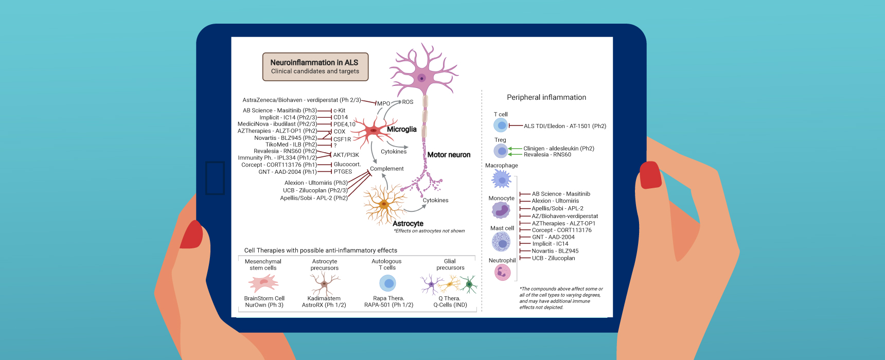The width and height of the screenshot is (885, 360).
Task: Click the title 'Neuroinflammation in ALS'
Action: (314, 63)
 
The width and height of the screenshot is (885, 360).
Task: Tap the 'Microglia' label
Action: (401, 130)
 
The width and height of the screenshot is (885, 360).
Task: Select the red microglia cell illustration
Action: (373, 131)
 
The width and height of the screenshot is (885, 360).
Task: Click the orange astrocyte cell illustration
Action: (384, 205)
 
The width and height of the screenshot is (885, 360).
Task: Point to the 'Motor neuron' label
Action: (449, 155)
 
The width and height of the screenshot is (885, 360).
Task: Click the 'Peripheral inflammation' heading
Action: (546, 97)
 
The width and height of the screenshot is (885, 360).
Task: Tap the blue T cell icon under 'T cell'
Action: (501, 125)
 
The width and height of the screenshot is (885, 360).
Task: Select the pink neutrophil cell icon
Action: (502, 273)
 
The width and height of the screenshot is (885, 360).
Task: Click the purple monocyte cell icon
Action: (501, 210)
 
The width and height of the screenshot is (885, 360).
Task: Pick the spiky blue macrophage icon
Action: (501, 179)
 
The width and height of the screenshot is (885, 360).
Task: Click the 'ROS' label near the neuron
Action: (408, 102)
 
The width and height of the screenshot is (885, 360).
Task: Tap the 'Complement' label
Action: (387, 169)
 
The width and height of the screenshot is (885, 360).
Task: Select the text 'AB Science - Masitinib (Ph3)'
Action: (280, 111)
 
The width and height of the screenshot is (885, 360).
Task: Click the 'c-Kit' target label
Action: (339, 111)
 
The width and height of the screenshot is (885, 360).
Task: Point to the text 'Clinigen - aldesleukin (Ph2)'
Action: (559, 149)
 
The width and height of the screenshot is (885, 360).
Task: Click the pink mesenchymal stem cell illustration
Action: (263, 282)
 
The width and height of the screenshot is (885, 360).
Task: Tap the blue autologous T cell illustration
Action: (388, 283)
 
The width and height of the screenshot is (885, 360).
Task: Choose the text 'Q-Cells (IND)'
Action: (450, 305)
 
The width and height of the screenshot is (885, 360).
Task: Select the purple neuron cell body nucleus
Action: (422, 78)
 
